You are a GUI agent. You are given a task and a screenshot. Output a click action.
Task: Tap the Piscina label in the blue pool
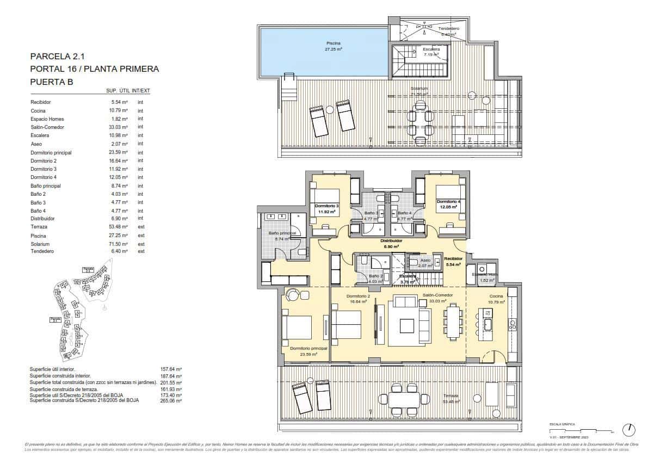tap(334, 43)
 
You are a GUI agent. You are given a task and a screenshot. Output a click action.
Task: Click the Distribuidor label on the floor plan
tap(391, 240)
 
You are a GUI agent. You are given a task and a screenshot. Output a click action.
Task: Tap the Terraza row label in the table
tap(39, 227)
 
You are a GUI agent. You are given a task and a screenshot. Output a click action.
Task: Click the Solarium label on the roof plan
tap(419, 88)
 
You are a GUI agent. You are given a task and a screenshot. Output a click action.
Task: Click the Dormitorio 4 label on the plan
tap(449, 202)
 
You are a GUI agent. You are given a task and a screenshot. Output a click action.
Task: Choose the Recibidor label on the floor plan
tap(453, 258)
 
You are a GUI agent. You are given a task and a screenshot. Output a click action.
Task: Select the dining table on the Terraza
tap(404, 399)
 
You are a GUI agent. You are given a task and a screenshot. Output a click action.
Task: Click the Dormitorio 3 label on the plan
tap(327, 206)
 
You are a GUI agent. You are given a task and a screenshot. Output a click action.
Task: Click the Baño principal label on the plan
tap(282, 233)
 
